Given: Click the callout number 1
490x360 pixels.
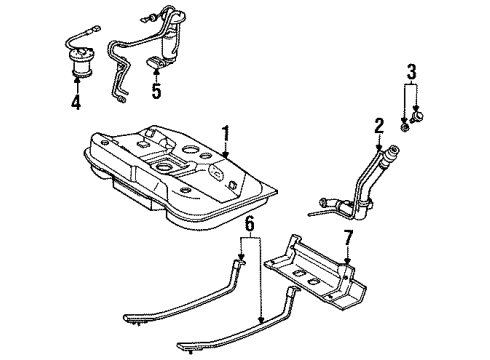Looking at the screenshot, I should pos(226,132).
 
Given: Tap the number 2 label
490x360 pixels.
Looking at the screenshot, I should pos(379,126).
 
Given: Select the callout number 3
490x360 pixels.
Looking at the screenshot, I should pos(410,71).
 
